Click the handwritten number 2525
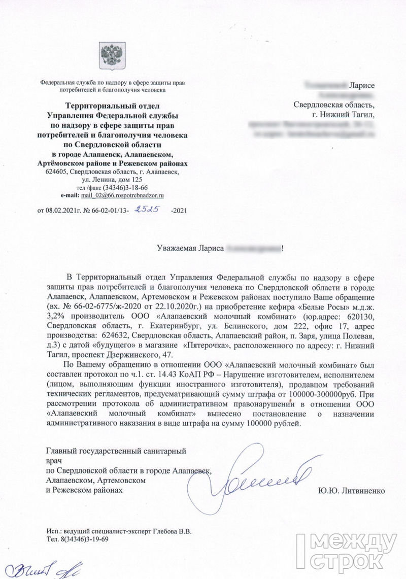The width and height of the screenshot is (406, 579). [x=145, y=208]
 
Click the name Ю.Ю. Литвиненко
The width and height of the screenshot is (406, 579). [x=352, y=491]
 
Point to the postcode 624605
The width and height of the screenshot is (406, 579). [x=56, y=172]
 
